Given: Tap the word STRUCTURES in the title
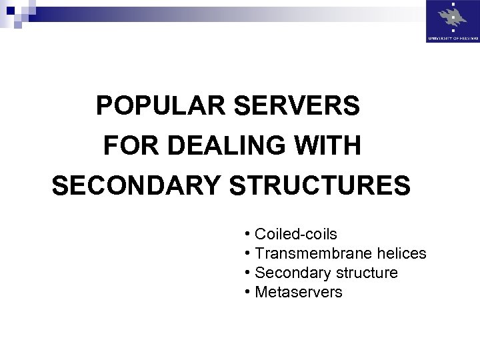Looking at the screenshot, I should (320, 185).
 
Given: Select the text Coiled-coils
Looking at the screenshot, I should (296, 235).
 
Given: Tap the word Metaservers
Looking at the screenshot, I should (299, 293).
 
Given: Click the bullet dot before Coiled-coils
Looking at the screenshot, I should (247, 234).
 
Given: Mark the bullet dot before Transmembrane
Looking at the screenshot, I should (247, 253).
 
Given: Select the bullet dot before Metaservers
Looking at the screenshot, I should (247, 292).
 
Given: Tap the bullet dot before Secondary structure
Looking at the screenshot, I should (247, 273).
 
